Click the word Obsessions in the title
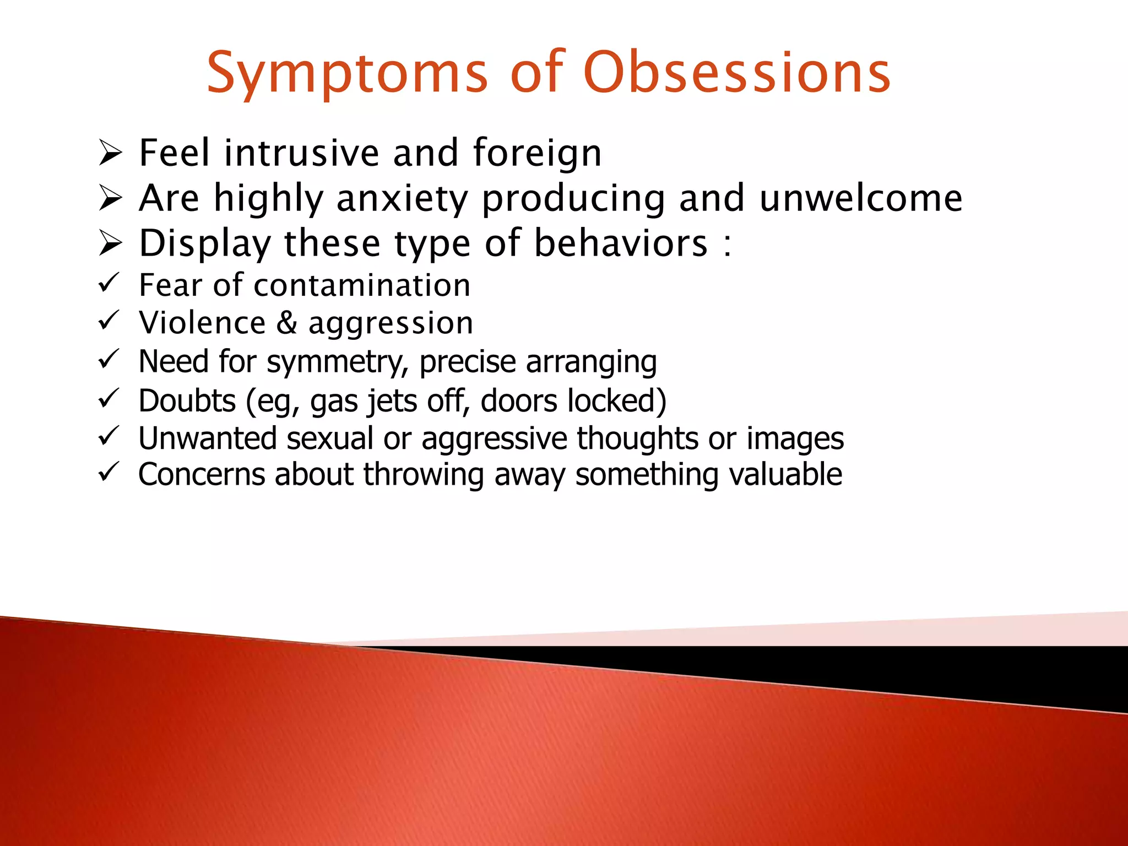point(736,73)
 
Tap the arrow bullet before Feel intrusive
point(110,153)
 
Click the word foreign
point(537,153)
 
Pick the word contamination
point(362,285)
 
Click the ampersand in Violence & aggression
point(286,323)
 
